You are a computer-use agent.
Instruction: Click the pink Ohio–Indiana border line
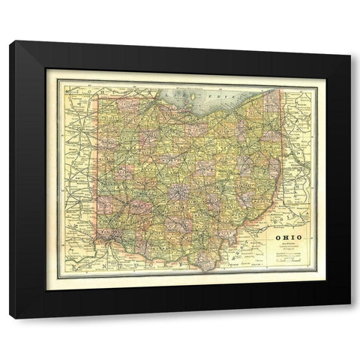[97, 172]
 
